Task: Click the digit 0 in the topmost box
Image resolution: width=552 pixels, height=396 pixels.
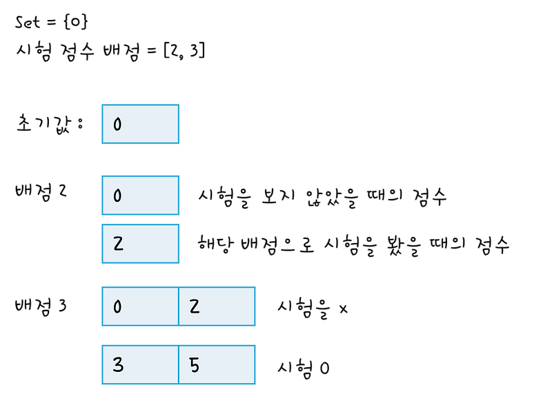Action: [117, 125]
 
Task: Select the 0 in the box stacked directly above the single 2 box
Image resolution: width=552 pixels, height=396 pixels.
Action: [117, 196]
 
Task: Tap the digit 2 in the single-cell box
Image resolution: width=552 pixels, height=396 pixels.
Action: [118, 244]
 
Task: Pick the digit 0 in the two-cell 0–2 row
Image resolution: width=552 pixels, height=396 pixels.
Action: [117, 307]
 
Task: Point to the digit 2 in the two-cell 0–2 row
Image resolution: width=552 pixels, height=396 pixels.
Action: [194, 307]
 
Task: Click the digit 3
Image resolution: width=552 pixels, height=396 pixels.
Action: [118, 365]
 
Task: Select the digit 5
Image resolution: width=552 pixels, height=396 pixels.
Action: [194, 365]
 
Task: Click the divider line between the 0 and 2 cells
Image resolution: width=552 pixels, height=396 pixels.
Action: [179, 306]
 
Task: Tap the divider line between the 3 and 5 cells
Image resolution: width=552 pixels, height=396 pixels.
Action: [179, 364]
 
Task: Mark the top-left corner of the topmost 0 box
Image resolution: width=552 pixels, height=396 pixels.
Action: [101, 105]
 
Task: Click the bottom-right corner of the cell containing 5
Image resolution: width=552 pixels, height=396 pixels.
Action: [255, 384]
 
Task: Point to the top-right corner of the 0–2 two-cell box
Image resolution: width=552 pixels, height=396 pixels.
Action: [255, 286]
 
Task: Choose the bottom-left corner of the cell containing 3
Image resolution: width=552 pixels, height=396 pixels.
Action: [101, 384]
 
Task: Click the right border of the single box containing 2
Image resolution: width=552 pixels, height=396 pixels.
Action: [179, 243]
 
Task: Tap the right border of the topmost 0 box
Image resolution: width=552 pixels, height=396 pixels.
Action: [179, 125]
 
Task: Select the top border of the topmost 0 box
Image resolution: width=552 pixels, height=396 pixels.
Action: [140, 105]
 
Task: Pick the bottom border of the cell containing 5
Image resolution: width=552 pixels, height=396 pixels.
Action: [217, 384]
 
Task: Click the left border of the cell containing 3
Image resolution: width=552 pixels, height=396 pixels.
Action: [101, 364]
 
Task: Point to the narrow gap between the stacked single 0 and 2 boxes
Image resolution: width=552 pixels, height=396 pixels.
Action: [140, 219]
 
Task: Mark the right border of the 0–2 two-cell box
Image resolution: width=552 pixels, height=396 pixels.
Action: [255, 306]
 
